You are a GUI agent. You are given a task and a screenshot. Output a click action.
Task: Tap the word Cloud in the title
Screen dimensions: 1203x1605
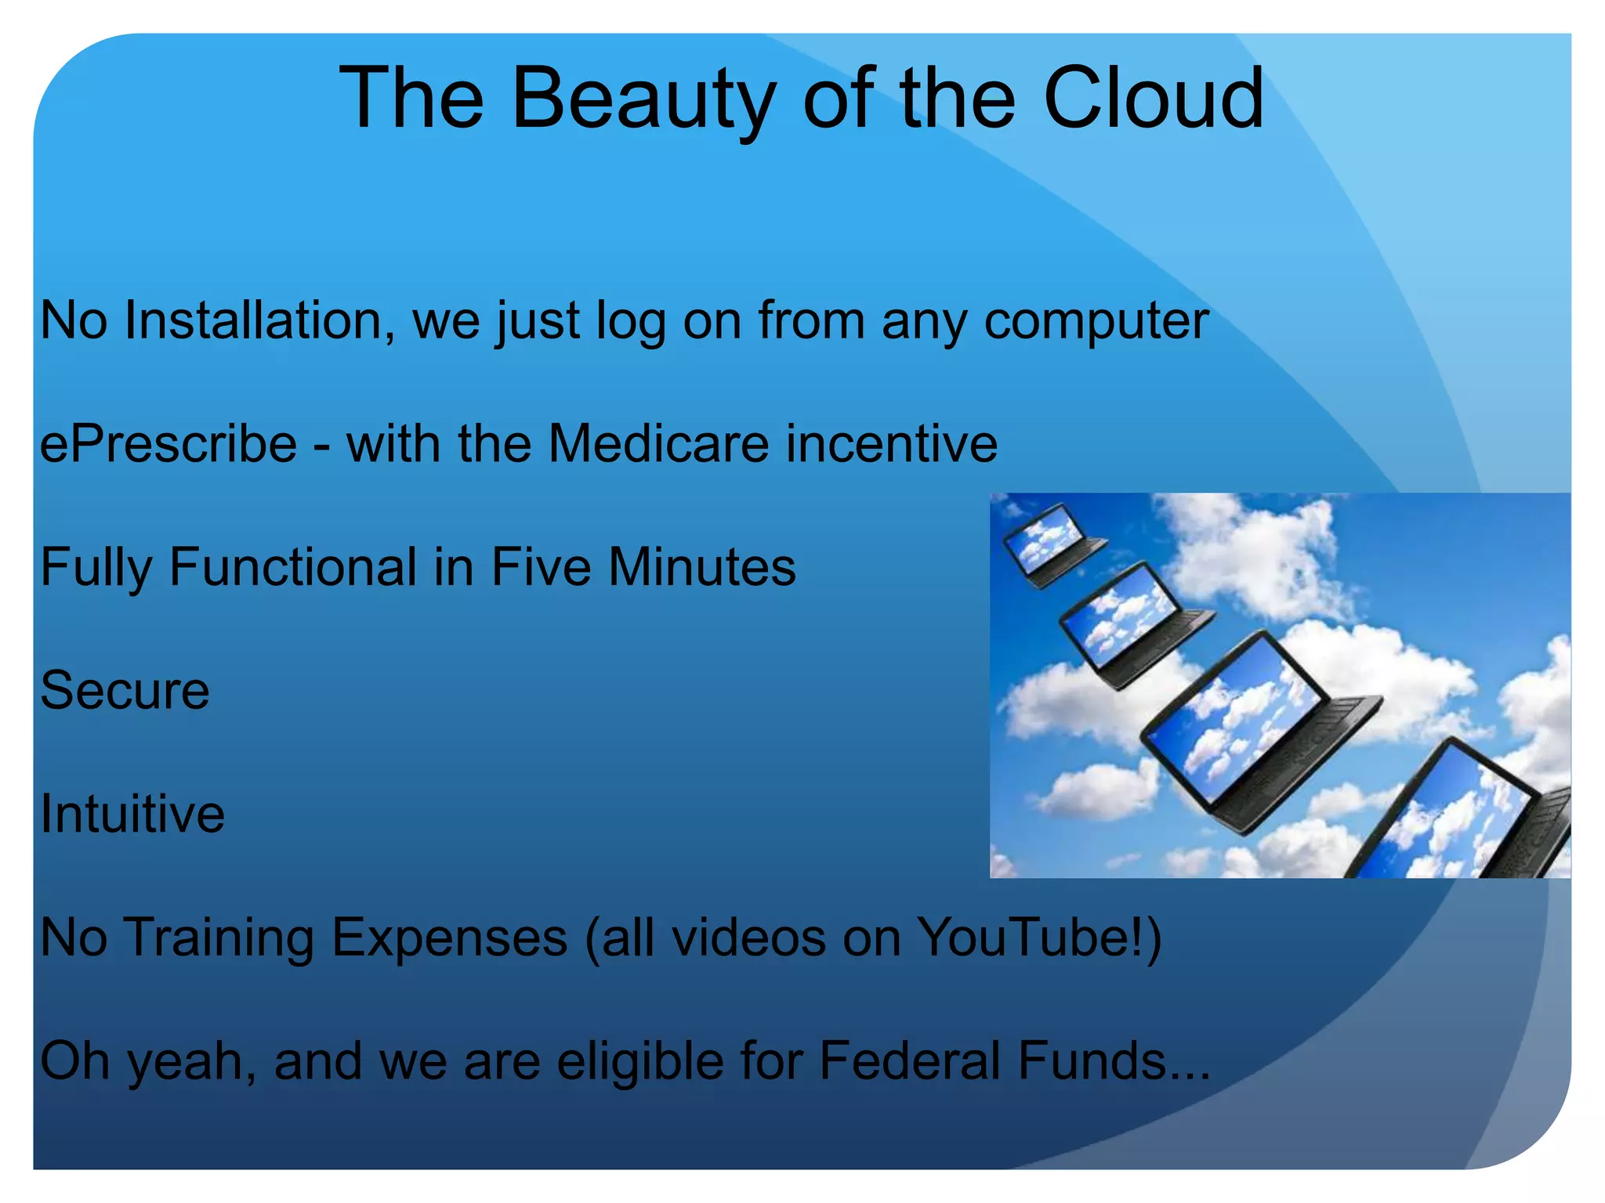[1153, 99]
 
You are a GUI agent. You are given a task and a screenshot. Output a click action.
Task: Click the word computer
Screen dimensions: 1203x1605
[1096, 321]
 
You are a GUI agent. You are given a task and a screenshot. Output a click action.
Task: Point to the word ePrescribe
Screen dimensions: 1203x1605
[168, 445]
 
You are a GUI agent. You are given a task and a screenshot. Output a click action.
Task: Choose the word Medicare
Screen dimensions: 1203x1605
[658, 444]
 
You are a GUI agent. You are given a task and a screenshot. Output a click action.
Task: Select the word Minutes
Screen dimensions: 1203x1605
[701, 567]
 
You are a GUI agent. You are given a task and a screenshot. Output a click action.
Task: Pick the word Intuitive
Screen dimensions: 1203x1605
[132, 814]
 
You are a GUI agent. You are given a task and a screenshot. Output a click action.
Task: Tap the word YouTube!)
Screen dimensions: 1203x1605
[1039, 937]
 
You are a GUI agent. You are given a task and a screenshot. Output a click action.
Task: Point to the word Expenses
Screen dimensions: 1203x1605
[449, 937]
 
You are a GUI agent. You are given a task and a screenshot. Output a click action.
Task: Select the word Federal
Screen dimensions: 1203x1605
[910, 1060]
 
